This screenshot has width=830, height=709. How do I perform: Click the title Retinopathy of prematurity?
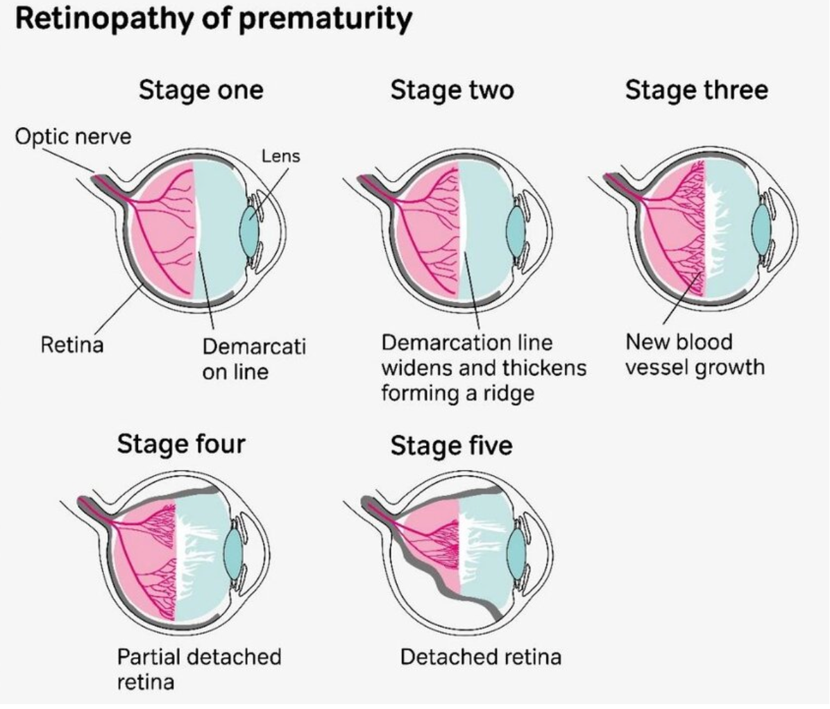[212, 19]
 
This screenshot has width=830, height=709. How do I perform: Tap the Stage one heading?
[201, 90]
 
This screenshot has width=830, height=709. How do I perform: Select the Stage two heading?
[452, 90]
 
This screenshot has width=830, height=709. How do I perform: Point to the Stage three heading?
[697, 90]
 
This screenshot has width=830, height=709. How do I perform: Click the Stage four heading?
[181, 443]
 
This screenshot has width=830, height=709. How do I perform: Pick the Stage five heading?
[451, 445]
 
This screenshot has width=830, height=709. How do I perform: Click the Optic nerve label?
[73, 136]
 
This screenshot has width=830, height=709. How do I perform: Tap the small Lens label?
[280, 156]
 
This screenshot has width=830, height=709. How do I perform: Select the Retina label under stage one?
[71, 344]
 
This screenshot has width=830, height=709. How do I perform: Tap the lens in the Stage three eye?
[761, 226]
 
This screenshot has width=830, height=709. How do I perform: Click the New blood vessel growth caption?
[694, 354]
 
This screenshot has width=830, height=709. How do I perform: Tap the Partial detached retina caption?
[198, 669]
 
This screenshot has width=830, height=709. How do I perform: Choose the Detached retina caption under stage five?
[480, 656]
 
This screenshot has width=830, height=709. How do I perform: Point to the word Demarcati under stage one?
[254, 345]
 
